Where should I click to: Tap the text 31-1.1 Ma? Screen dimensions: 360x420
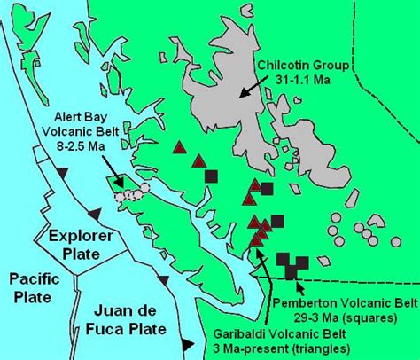297,80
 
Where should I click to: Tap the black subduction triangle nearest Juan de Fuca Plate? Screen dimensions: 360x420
187,345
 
